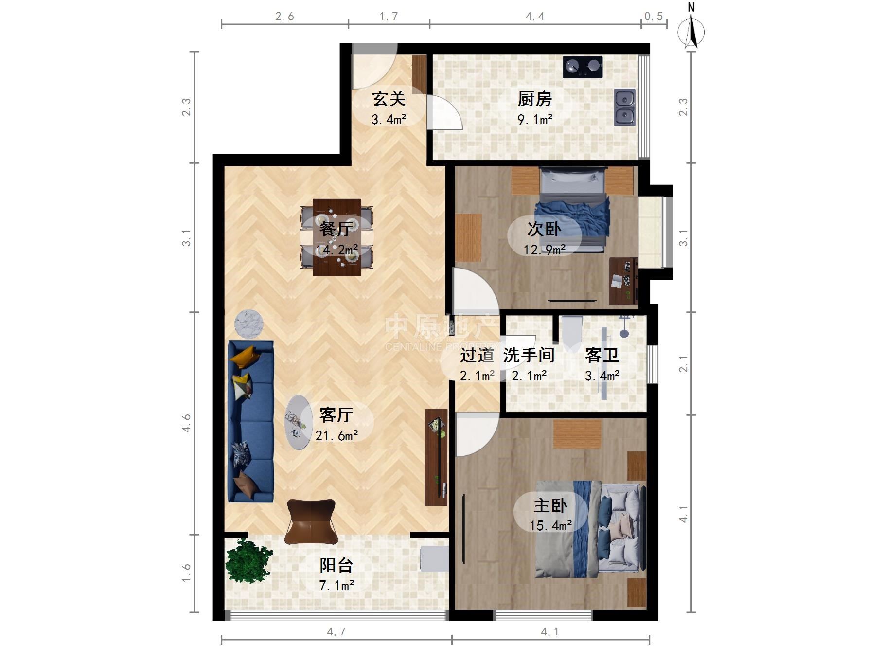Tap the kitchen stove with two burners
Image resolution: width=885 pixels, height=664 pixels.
583,67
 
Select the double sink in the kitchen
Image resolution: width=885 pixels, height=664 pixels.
625,107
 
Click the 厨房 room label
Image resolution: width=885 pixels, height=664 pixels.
535,99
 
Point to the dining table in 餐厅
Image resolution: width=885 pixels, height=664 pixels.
336,237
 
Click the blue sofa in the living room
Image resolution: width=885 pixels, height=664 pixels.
251,421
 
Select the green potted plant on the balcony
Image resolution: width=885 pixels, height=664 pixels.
248,560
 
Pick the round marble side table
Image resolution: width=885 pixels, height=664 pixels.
249,325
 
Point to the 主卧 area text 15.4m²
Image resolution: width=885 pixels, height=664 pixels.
551,525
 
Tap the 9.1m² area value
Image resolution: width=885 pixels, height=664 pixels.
535,119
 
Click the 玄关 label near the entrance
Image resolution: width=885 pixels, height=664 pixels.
389,99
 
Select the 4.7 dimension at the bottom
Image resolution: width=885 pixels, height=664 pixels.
336,631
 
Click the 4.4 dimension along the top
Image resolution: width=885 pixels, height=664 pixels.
535,17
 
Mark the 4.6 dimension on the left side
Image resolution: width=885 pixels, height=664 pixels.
186,423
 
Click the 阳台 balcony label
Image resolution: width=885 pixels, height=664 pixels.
336,565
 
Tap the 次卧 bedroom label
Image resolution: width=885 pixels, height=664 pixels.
545,229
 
